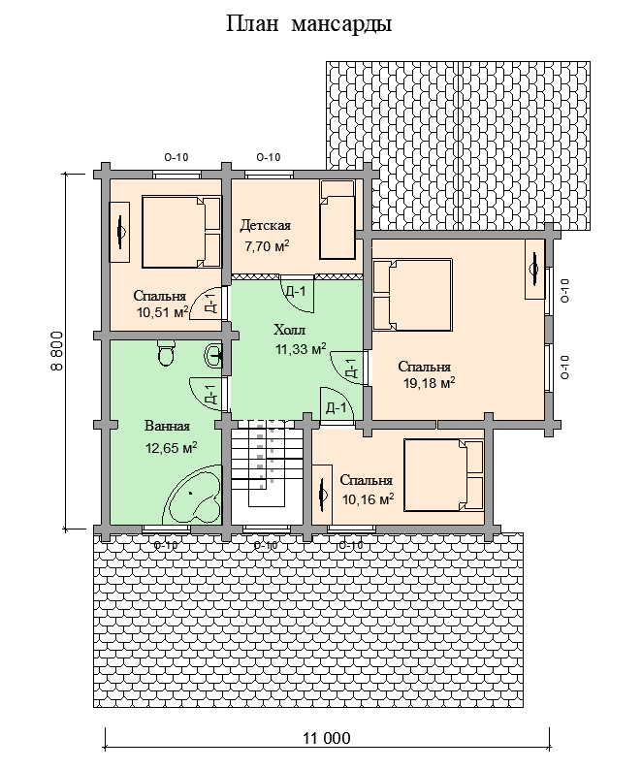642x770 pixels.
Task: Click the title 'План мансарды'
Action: [x=308, y=24]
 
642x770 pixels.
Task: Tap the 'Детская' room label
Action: [x=266, y=225]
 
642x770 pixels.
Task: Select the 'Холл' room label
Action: [x=289, y=329]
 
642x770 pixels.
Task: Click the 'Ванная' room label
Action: [x=167, y=426]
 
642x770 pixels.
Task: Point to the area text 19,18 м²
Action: [x=429, y=383]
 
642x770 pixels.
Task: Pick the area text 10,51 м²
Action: [x=163, y=312]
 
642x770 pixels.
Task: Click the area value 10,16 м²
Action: [x=368, y=499]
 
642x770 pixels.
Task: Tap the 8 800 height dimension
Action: [x=57, y=351]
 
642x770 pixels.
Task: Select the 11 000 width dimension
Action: [x=327, y=738]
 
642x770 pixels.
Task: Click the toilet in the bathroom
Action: [x=167, y=353]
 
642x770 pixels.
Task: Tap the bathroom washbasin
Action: [x=214, y=355]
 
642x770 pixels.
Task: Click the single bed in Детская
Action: [x=337, y=219]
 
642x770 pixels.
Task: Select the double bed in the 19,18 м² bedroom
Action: [x=411, y=295]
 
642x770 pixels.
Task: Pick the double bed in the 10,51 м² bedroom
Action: [x=181, y=232]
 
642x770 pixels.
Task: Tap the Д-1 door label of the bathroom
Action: [x=210, y=395]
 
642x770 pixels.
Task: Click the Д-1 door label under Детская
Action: [x=296, y=292]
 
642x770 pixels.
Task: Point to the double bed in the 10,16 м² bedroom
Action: [x=444, y=475]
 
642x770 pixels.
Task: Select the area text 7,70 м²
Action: [x=267, y=246]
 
